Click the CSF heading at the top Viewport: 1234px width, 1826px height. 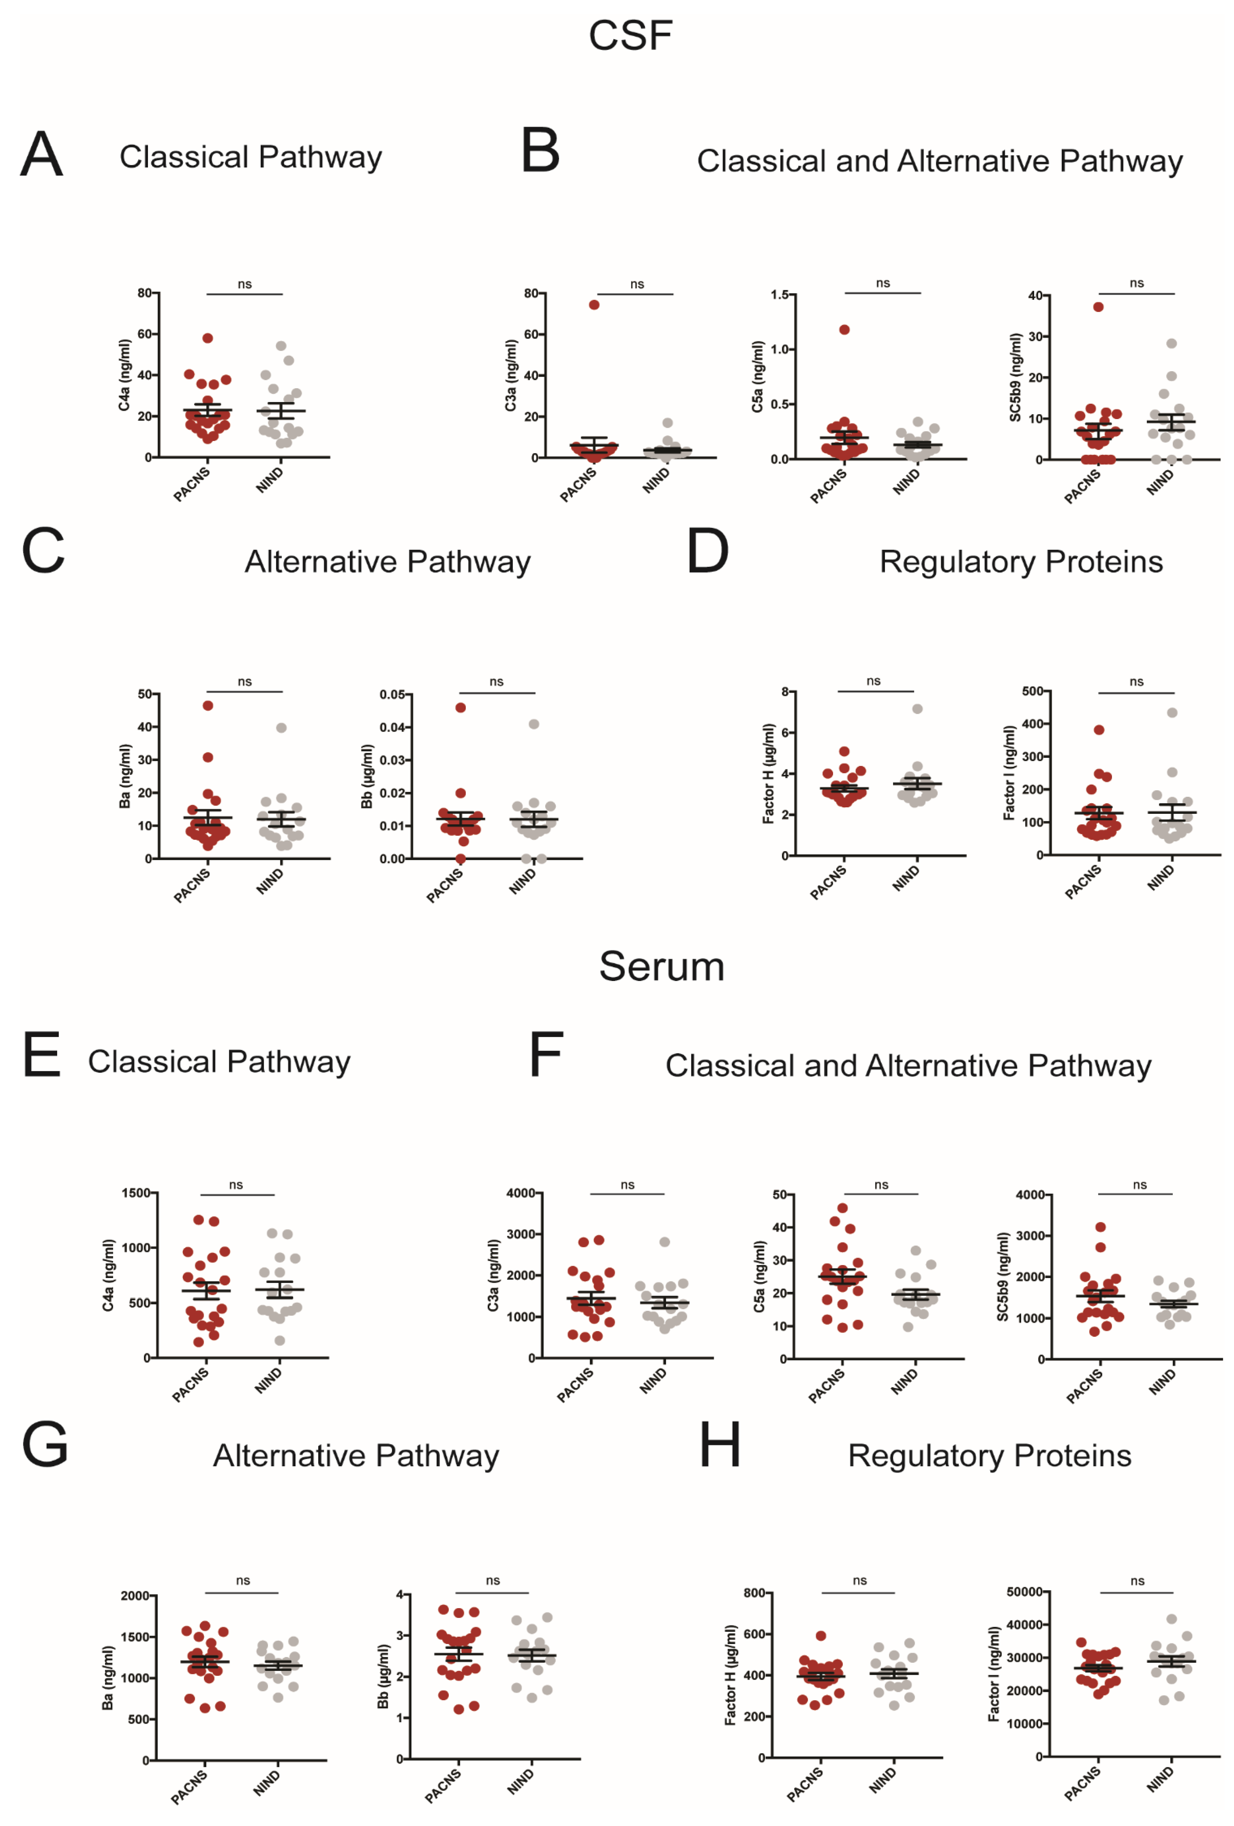630,35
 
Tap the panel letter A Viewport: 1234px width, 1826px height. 42,154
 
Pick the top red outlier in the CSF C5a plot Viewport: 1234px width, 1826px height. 844,329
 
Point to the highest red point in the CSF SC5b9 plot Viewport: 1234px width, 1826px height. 1098,307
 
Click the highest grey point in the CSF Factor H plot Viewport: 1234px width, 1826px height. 917,709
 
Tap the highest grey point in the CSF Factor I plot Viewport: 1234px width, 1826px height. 1171,713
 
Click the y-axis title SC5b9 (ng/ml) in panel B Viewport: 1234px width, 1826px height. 1015,377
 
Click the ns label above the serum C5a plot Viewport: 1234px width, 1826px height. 881,1185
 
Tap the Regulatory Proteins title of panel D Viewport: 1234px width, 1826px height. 1020,562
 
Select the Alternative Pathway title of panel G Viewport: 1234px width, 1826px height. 356,1456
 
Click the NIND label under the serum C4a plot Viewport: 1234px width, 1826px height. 269,1381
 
